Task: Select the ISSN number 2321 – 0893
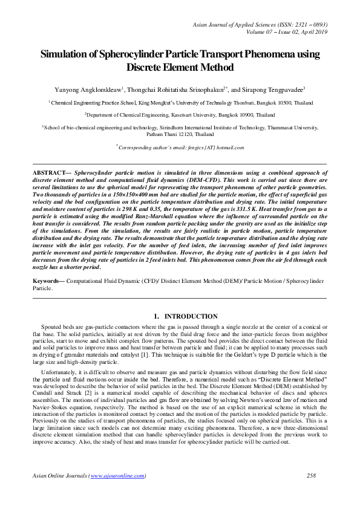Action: (x=310, y=24)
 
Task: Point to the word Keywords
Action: (x=48, y=282)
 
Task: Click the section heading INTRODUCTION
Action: (x=191, y=316)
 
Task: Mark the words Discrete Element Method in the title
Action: (x=180, y=66)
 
